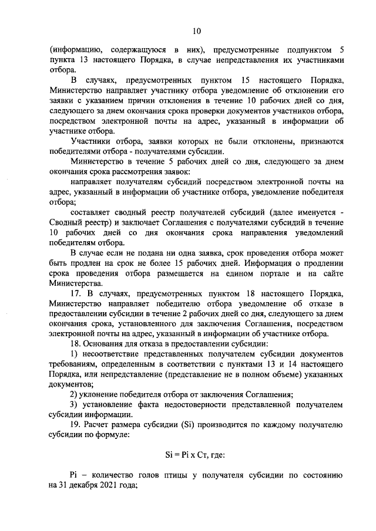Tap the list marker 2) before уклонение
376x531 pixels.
[x=75, y=394]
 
